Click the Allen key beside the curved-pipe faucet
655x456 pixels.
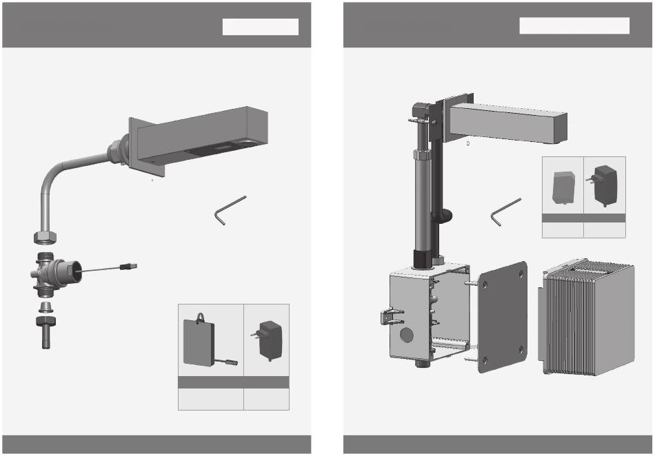click(x=228, y=209)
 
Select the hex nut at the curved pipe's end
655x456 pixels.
click(x=45, y=237)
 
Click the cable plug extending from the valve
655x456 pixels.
click(x=129, y=265)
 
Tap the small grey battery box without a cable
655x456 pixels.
click(x=563, y=185)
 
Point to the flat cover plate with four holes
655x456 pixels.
click(x=501, y=316)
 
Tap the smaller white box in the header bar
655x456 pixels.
click(x=260, y=26)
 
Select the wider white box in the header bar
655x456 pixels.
click(x=574, y=25)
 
